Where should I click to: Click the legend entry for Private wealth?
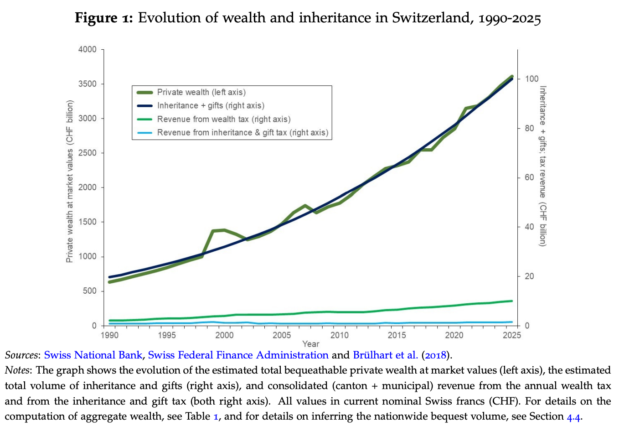tap(201, 92)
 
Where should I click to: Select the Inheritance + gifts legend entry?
tap(210, 105)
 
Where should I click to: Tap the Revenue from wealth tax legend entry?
tap(223, 119)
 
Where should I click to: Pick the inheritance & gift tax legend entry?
tap(242, 132)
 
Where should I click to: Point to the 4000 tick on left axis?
tap(88, 49)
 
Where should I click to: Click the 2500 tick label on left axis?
tap(88, 153)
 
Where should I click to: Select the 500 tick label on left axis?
tap(90, 291)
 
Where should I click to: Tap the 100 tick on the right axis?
tap(531, 79)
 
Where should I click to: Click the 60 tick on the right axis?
tap(529, 177)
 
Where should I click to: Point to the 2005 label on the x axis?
tap(282, 335)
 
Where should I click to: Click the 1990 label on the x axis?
tap(109, 335)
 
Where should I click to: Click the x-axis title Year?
tap(310, 344)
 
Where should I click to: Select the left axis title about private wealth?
tap(70, 182)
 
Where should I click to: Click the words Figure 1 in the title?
tap(103, 18)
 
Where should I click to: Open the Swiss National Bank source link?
tap(93, 355)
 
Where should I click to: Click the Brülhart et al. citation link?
tap(385, 355)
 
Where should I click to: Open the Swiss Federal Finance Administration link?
tap(238, 355)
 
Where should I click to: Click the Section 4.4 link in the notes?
tap(573, 416)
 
